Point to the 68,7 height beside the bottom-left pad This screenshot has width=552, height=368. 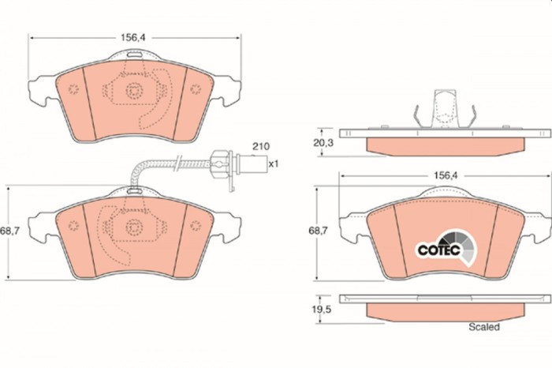pyautogui.click(x=9, y=231)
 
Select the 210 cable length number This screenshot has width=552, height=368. pyautogui.click(x=260, y=148)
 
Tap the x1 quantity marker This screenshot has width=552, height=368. pyautogui.click(x=274, y=165)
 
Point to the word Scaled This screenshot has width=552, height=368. pyautogui.click(x=483, y=325)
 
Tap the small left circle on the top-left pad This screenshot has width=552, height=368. pyautogui.click(x=73, y=88)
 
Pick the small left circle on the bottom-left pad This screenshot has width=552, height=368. pyautogui.click(x=73, y=223)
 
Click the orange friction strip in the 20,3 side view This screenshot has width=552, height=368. pyautogui.click(x=443, y=145)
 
